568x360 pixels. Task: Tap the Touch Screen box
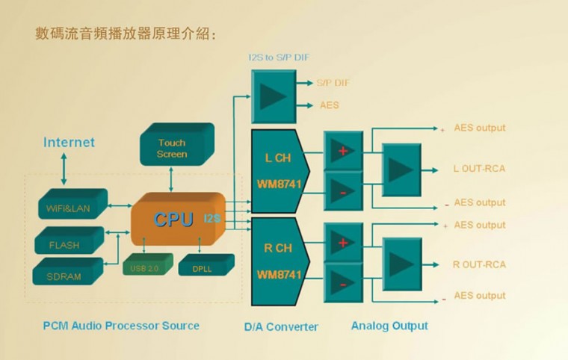172,148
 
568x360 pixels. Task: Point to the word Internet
69,142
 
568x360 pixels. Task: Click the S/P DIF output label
333,83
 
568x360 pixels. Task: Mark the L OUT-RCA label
479,169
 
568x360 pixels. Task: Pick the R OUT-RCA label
479,264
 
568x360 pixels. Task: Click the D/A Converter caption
281,326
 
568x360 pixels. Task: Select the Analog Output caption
389,326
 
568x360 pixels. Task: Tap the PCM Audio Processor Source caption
121,326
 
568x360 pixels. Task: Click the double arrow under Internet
64,168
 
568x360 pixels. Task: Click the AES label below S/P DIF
329,105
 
